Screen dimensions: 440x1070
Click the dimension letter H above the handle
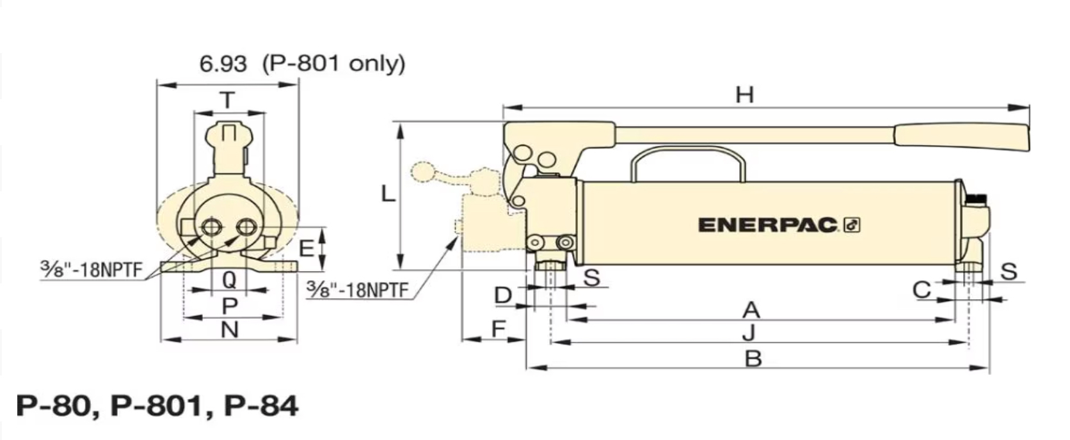pyautogui.click(x=744, y=95)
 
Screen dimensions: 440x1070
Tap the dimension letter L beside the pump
pyautogui.click(x=388, y=193)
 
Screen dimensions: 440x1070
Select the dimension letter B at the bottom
pyautogui.click(x=753, y=359)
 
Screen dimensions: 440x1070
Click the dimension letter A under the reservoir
pyautogui.click(x=751, y=310)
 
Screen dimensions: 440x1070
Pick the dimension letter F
pyautogui.click(x=498, y=329)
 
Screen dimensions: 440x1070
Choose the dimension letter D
pyautogui.click(x=504, y=295)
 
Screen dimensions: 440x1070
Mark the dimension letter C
pyautogui.click(x=921, y=290)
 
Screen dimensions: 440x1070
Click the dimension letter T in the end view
pyautogui.click(x=227, y=100)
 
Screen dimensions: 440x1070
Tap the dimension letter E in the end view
pyautogui.click(x=307, y=248)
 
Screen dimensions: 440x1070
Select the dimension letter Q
pyautogui.click(x=229, y=279)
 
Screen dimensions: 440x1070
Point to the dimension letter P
pyautogui.click(x=229, y=306)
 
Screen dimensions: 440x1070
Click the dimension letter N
pyautogui.click(x=229, y=330)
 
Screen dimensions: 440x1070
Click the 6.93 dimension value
pyautogui.click(x=222, y=63)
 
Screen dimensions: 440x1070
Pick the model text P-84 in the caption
pyautogui.click(x=261, y=405)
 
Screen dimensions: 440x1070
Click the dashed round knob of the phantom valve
pyautogui.click(x=423, y=171)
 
